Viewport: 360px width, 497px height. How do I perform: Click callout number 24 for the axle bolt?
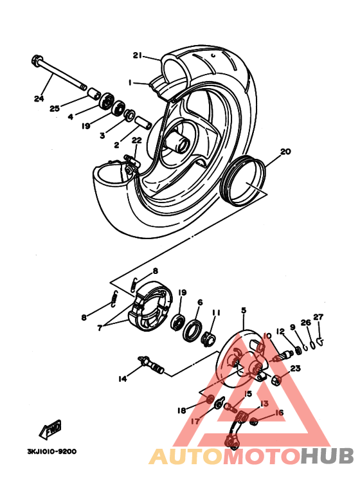[x=39, y=98]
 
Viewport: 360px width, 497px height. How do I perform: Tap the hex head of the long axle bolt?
[x=35, y=62]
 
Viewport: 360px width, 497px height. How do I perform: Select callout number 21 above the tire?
[x=137, y=55]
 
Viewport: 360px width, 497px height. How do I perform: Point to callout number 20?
[x=285, y=152]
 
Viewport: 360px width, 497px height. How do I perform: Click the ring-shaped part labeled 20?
[x=244, y=182]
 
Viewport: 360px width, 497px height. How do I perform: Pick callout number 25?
[x=54, y=109]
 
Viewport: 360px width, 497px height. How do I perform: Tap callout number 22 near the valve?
[x=136, y=140]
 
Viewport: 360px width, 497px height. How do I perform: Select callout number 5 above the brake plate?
[x=244, y=311]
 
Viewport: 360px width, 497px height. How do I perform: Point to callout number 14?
[x=122, y=379]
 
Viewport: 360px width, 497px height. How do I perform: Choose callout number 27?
[x=318, y=317]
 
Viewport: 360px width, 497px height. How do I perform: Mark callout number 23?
[x=295, y=368]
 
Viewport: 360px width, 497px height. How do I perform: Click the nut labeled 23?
[x=276, y=379]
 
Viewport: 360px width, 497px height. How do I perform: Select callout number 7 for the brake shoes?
[x=99, y=327]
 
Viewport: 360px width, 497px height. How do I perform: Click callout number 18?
[x=181, y=410]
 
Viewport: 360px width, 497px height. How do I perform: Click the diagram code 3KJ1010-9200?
[x=51, y=451]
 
